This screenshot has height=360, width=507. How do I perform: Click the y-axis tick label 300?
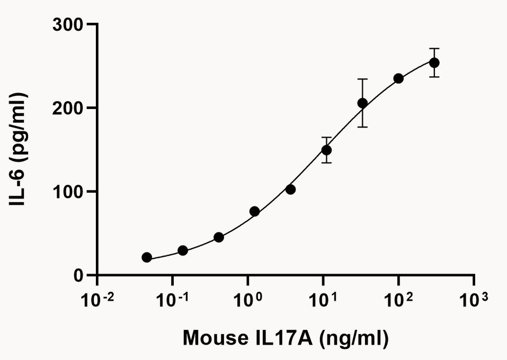click(x=70, y=24)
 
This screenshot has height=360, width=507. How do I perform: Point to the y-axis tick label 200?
click(x=70, y=108)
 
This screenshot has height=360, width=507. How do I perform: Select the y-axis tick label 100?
click(x=70, y=191)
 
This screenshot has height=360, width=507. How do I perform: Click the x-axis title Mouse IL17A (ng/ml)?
click(x=286, y=338)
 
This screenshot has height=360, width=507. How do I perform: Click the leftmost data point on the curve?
click(x=147, y=257)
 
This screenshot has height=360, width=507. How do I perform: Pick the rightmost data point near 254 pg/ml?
click(x=434, y=63)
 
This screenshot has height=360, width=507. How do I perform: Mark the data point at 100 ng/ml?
click(x=398, y=78)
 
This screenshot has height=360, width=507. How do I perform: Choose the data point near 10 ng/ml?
click(x=326, y=150)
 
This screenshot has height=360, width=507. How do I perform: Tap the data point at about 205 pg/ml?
click(x=362, y=103)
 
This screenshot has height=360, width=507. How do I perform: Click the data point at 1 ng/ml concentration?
click(x=254, y=211)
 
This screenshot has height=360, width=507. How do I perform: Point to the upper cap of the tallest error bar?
click(x=362, y=79)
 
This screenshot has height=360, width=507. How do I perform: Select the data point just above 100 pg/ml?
click(x=290, y=189)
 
